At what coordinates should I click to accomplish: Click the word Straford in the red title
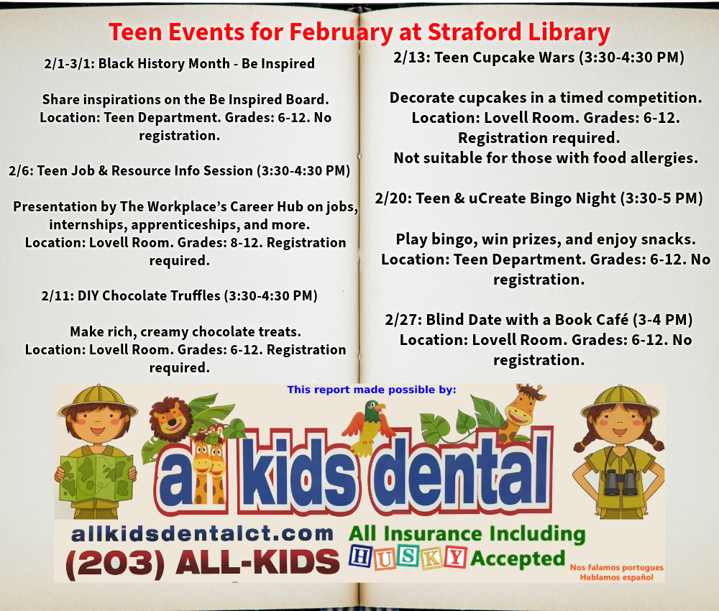tap(475, 32)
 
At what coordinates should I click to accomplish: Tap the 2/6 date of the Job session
tap(19, 170)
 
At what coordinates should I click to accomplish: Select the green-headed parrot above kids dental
tap(370, 426)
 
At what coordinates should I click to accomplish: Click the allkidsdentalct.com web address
tap(202, 533)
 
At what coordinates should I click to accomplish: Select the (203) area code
tap(115, 564)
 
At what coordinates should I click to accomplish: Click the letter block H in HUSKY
tap(361, 556)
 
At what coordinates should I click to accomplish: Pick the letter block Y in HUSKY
tap(455, 557)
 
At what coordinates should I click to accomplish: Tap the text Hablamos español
tap(616, 577)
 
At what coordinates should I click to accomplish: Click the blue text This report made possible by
tap(372, 390)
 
